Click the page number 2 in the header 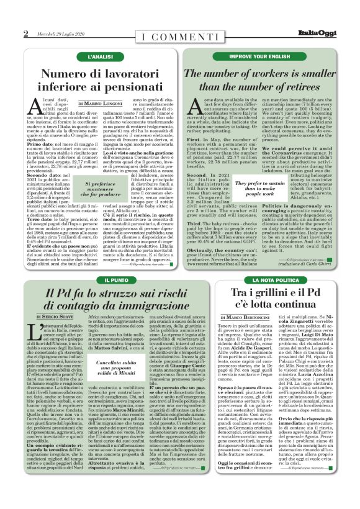(26, 34)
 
